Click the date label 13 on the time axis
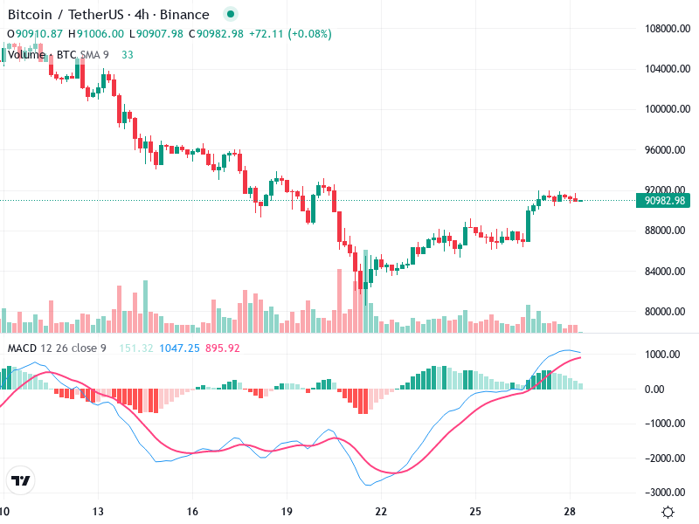point(98,512)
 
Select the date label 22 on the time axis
point(381,512)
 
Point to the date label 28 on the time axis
point(570,512)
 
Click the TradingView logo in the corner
point(21,480)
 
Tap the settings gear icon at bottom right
point(668,512)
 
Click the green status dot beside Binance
point(230,14)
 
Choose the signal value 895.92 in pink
point(222,348)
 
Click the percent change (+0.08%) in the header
point(305,33)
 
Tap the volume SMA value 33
point(128,54)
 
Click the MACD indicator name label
point(21,348)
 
